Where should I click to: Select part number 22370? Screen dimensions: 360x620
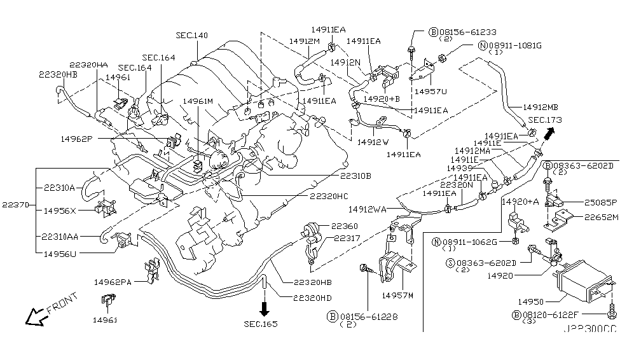coord(15,204)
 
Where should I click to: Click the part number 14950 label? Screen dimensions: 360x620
coord(530,301)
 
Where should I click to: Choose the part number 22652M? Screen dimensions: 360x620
coord(602,216)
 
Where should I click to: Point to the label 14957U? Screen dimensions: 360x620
coord(431,92)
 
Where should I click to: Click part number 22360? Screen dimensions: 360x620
coord(344,226)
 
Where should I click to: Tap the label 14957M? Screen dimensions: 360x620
coord(397,295)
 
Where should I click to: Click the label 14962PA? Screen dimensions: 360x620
coord(113,281)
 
